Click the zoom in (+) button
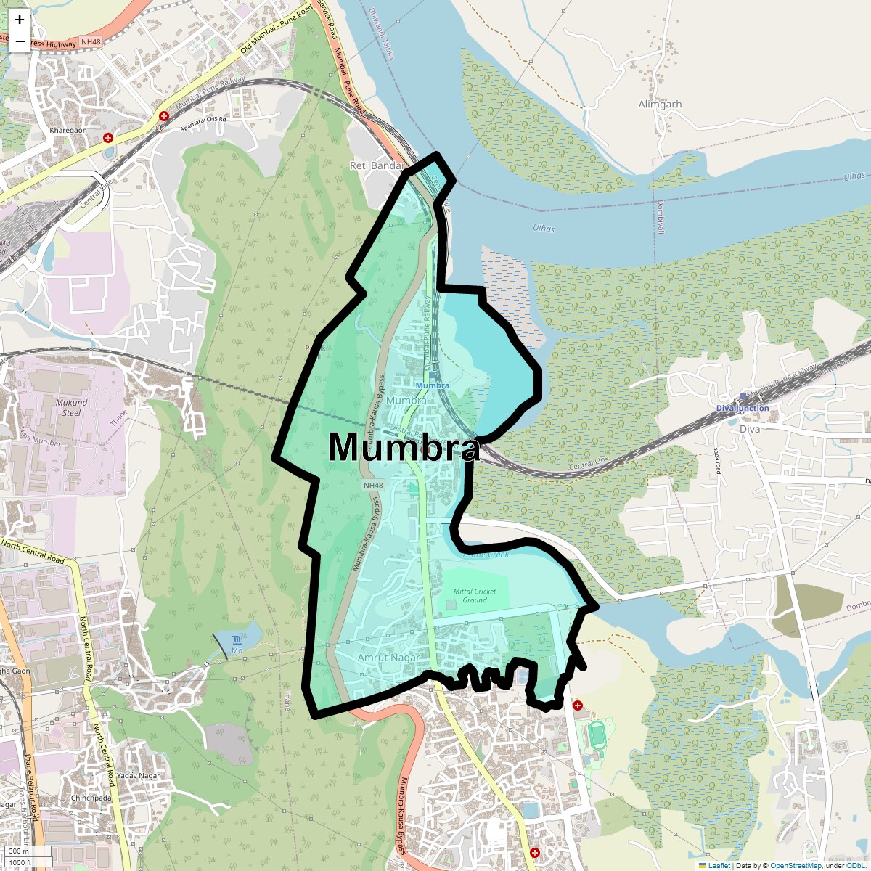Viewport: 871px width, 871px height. pyautogui.click(x=20, y=20)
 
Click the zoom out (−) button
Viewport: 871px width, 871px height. pyautogui.click(x=20, y=41)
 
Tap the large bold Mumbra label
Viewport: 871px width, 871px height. pyautogui.click(x=404, y=448)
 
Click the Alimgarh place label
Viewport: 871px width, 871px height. pyautogui.click(x=660, y=105)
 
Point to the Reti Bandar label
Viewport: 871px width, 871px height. pyautogui.click(x=377, y=166)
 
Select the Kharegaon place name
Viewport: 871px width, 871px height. pyautogui.click(x=68, y=131)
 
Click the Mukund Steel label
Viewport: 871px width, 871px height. pyautogui.click(x=71, y=407)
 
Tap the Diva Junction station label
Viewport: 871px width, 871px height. pyautogui.click(x=743, y=408)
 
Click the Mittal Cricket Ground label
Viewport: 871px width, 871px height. pyautogui.click(x=475, y=596)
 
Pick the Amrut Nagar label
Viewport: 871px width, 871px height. pyautogui.click(x=389, y=658)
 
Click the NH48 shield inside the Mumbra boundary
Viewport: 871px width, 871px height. pyautogui.click(x=373, y=485)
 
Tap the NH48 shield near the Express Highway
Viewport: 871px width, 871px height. pyautogui.click(x=91, y=43)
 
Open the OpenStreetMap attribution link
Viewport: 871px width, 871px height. pyautogui.click(x=796, y=865)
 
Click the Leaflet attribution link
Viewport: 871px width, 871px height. pyautogui.click(x=719, y=865)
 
